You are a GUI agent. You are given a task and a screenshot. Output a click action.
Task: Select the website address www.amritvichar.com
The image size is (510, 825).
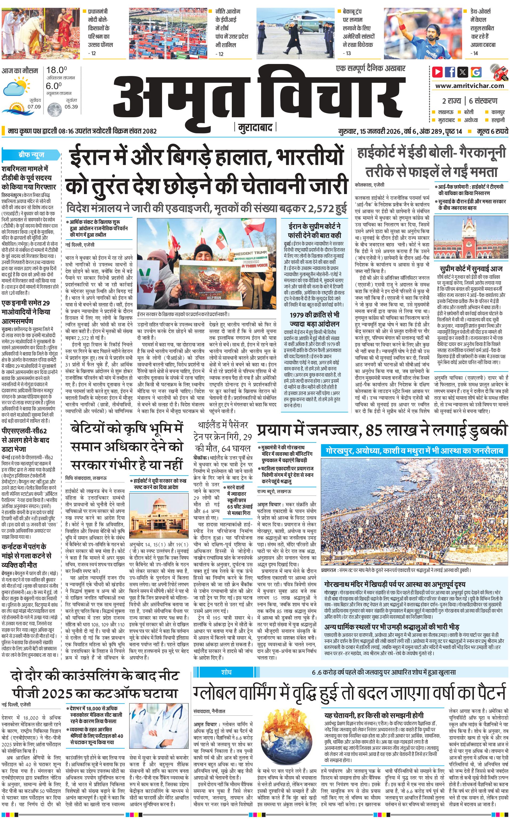[469, 86]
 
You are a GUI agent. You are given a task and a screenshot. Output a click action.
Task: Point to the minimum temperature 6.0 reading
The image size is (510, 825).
[54, 86]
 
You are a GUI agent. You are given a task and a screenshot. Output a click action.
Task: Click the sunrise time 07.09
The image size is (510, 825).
[34, 107]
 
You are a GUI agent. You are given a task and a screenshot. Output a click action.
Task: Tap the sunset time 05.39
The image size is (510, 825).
[71, 107]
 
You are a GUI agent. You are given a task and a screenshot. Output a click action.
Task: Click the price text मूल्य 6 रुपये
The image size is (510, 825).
[492, 131]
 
